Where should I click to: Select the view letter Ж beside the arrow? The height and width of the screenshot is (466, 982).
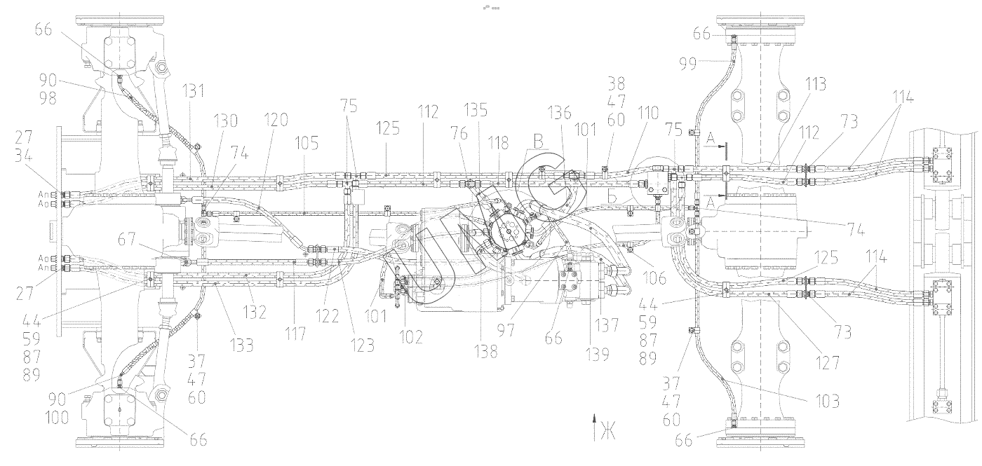click(x=607, y=432)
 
